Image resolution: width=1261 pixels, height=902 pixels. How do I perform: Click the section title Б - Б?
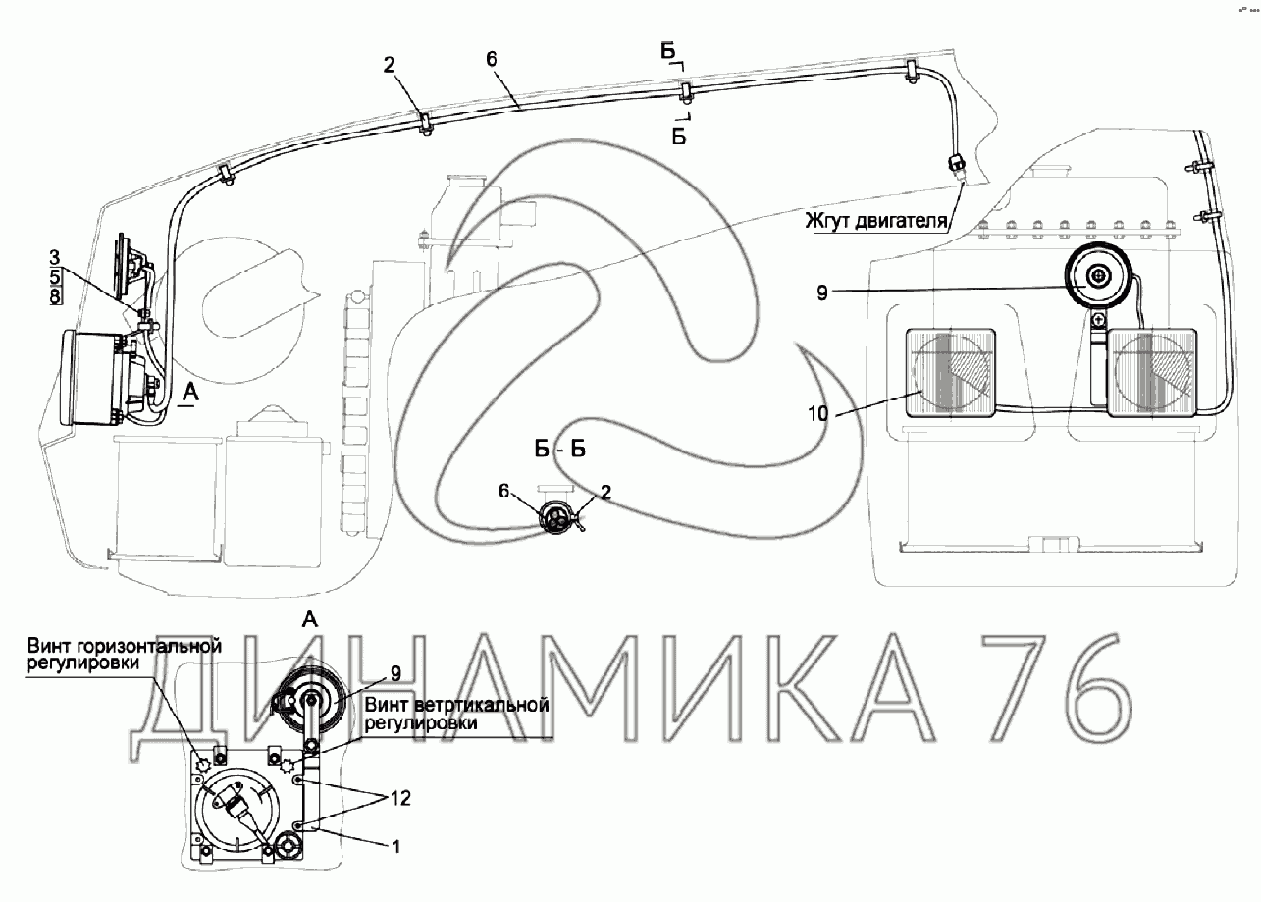click(560, 451)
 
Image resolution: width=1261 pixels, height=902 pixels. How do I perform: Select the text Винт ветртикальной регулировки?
click(453, 716)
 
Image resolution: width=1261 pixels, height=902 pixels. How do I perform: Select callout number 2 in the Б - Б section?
click(605, 493)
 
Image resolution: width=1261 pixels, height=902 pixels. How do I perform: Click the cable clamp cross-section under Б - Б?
click(559, 517)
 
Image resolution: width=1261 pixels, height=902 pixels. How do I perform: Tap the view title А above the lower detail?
click(310, 618)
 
